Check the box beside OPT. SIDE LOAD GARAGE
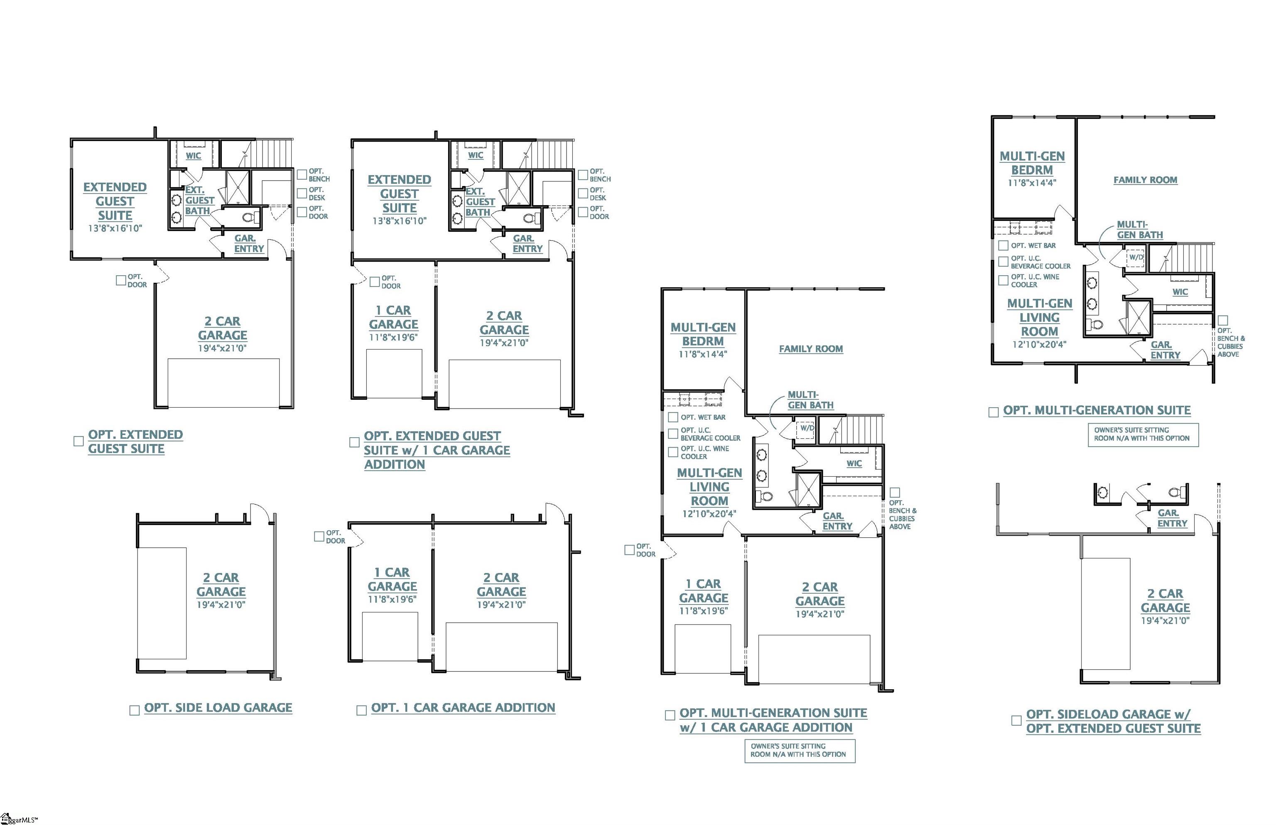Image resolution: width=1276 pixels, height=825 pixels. [x=135, y=710]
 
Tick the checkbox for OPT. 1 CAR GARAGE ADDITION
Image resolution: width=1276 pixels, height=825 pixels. [x=362, y=710]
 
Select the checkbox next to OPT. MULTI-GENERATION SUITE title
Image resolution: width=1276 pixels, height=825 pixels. [x=994, y=412]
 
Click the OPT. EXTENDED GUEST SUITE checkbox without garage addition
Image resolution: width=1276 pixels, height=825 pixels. [x=78, y=441]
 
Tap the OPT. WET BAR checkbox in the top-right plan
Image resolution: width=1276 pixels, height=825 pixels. [x=1003, y=245]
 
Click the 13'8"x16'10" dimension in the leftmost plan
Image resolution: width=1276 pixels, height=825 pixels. [x=115, y=228]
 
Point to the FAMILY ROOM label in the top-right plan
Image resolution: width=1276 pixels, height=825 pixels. [x=1145, y=180]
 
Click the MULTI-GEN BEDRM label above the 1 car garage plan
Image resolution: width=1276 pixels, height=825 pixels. [x=703, y=334]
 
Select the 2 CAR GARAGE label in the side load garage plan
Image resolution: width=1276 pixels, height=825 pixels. [x=221, y=585]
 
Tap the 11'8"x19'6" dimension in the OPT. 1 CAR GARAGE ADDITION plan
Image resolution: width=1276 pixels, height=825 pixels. [x=392, y=600]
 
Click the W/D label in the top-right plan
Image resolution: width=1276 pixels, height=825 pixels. [x=1136, y=257]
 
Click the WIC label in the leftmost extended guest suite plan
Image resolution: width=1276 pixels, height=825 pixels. [x=194, y=156]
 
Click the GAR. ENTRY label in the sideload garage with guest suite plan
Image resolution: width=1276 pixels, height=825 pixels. [x=1172, y=518]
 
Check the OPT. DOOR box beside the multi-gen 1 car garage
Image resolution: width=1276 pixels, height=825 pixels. [x=630, y=550]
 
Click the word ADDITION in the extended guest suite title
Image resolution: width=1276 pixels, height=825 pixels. [x=395, y=465]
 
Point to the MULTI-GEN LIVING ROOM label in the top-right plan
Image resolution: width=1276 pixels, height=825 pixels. [x=1040, y=317]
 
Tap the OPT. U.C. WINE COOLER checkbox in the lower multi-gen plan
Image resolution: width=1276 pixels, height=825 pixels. [x=673, y=452]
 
